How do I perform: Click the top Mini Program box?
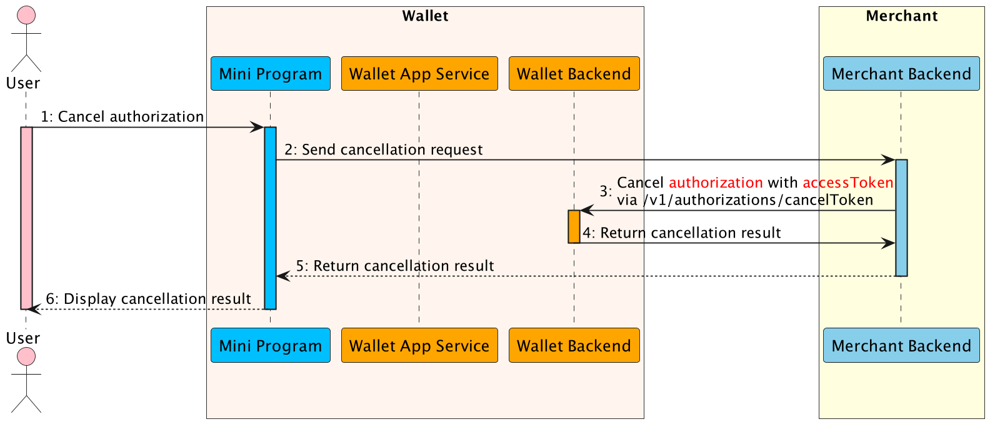point(270,74)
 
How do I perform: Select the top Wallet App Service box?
point(419,74)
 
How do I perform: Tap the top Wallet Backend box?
point(574,74)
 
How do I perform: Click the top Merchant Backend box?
point(901,74)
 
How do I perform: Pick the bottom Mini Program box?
point(270,345)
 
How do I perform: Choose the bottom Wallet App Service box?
point(419,345)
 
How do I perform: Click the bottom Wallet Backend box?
point(574,345)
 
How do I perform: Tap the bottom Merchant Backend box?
point(901,345)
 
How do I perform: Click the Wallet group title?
point(425,16)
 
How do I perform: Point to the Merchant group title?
point(901,16)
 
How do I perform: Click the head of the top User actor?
point(26,15)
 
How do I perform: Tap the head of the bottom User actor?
point(26,356)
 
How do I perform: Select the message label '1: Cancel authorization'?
point(122,117)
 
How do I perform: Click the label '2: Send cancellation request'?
point(383,150)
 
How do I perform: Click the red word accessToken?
point(847,183)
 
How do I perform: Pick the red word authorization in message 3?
point(716,183)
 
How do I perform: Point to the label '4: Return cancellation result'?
point(681,233)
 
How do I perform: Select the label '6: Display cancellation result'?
point(148,299)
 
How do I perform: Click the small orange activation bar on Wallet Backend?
point(574,226)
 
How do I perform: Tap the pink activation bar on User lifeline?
point(26,218)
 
